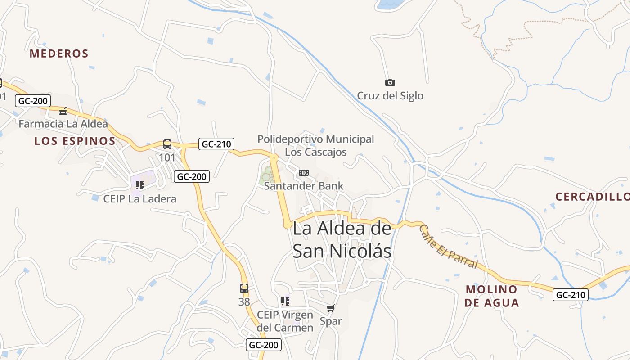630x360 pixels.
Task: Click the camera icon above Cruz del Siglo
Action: point(390,82)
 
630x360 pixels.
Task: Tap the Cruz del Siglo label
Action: point(390,95)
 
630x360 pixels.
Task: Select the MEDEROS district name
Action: point(59,54)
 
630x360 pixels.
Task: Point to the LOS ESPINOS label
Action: point(75,141)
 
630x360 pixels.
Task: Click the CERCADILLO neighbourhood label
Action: point(592,197)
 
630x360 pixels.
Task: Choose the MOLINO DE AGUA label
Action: point(491,296)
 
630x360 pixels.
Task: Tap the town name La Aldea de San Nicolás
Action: point(342,239)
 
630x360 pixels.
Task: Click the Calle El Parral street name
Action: point(448,246)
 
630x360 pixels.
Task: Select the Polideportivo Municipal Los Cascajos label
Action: point(316,145)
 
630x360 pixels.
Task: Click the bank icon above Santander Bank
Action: point(304,173)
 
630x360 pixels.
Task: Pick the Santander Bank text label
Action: point(304,186)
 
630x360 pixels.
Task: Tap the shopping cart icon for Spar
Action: point(331,308)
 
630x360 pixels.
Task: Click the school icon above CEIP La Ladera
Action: point(140,185)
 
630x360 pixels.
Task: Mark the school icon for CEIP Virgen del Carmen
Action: point(285,301)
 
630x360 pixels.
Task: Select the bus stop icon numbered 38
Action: point(244,288)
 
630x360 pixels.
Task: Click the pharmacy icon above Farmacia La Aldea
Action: point(63,111)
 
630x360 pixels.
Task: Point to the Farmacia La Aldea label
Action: point(63,124)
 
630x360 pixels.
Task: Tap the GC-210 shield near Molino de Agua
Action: point(571,295)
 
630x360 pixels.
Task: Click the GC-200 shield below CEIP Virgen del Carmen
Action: point(264,345)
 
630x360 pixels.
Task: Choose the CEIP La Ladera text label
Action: point(140,198)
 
